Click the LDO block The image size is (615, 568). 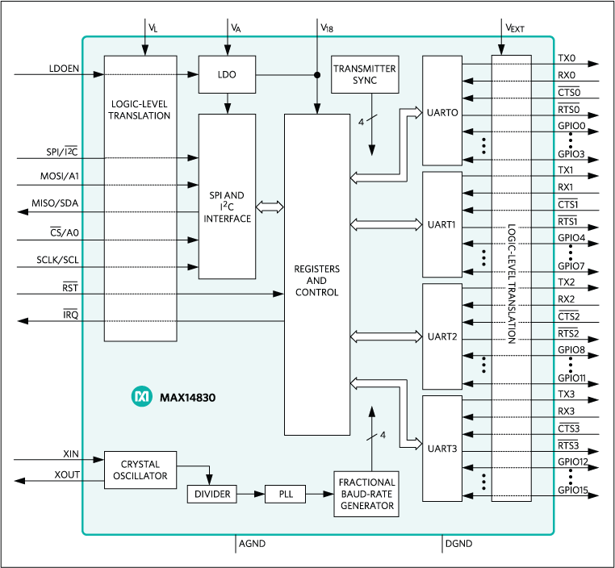tap(227, 75)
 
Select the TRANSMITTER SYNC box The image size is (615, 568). tap(365, 74)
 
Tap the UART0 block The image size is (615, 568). tap(442, 112)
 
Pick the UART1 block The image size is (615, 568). tap(442, 223)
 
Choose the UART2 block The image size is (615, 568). tap(442, 336)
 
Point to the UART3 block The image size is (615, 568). tap(442, 447)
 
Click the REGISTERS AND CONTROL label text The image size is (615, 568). tap(317, 280)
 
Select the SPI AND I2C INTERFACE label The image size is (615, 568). tap(227, 207)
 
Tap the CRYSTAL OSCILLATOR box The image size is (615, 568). tap(140, 470)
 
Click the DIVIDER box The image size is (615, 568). tap(212, 494)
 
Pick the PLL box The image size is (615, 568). tap(285, 494)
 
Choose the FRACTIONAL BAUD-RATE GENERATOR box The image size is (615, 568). tap(367, 494)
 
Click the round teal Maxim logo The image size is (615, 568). tap(141, 397)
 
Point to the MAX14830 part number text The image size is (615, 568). tap(187, 398)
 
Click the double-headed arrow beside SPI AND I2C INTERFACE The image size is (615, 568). tap(270, 207)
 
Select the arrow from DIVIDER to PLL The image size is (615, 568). tap(251, 494)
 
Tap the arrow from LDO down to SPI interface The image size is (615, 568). tap(228, 103)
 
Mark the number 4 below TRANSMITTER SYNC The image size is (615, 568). tap(360, 122)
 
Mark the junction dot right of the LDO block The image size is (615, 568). tap(316, 75)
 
